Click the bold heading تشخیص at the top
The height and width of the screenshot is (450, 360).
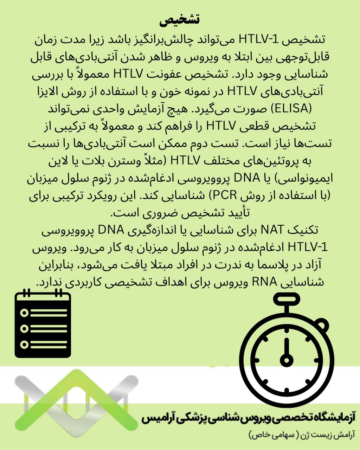coord(179,20)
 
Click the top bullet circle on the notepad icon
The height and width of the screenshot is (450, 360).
coord(24,313)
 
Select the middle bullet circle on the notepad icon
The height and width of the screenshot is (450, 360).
coord(24,328)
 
